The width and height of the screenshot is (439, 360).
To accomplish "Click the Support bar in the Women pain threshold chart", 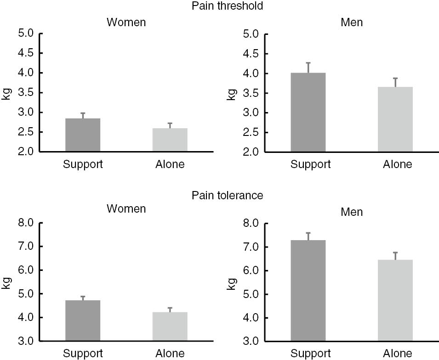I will pos(83,135).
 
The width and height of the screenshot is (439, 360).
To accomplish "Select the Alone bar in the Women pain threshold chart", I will pos(170,140).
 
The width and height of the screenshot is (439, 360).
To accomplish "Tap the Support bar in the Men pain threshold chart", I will pos(308,112).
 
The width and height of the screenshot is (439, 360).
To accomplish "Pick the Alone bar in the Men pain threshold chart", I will pos(395,119).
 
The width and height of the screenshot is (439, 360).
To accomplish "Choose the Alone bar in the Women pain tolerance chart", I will pos(170,326).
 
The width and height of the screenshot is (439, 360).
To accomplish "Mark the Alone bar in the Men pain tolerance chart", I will pos(395,300).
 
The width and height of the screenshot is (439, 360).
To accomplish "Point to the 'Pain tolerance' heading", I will pos(228,196).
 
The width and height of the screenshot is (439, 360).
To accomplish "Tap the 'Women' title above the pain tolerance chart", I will pos(126,209).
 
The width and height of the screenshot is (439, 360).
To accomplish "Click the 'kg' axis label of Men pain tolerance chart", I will pos(232,282).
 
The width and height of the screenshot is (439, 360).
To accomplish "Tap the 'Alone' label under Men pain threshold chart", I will pos(398,164).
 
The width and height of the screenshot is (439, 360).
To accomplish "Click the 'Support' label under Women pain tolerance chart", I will pos(83,354).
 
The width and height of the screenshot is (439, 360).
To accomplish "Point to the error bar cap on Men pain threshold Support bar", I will pos(308,63).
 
